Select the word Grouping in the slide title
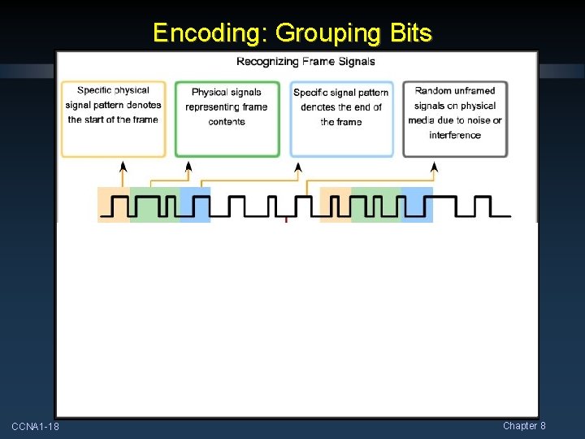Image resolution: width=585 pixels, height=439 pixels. (x=317, y=33)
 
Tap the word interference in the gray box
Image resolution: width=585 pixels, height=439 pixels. (x=455, y=135)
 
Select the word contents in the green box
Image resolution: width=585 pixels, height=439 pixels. (x=227, y=122)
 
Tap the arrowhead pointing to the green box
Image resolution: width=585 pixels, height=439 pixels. (x=188, y=166)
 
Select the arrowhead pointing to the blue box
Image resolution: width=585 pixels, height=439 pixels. (x=298, y=166)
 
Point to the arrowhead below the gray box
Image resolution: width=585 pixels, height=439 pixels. (x=434, y=166)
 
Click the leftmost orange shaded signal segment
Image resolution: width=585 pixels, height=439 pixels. (x=113, y=204)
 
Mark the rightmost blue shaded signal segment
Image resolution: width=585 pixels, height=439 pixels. (x=417, y=204)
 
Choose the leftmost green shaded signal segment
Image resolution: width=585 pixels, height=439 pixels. (x=154, y=204)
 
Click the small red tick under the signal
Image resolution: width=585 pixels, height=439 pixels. (x=286, y=219)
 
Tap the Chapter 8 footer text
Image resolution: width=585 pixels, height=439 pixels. (x=524, y=426)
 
